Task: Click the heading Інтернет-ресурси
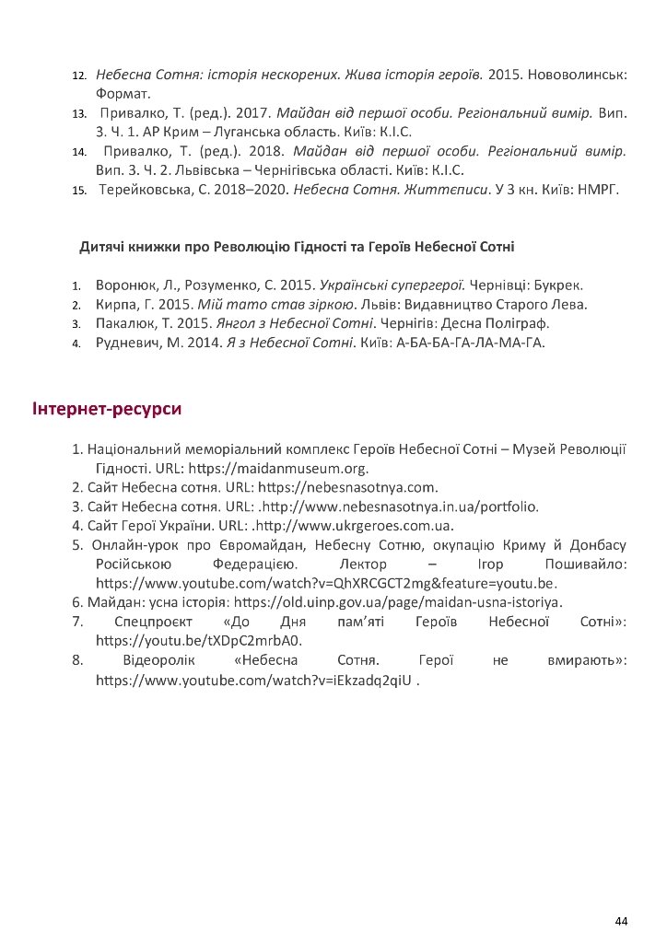pyautogui.click(x=106, y=408)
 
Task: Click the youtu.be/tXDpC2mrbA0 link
pyautogui.click(x=199, y=641)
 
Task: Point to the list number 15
pyautogui.click(x=79, y=191)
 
